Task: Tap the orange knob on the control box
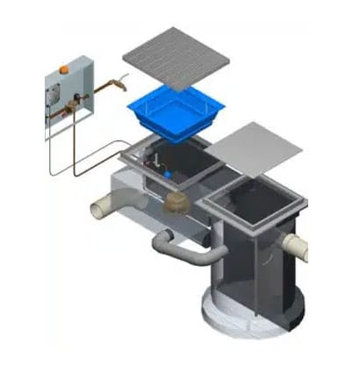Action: click(x=65, y=64)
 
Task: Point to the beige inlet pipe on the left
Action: click(x=103, y=209)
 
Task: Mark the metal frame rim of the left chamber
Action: click(x=132, y=159)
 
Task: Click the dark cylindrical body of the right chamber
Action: click(x=255, y=272)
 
